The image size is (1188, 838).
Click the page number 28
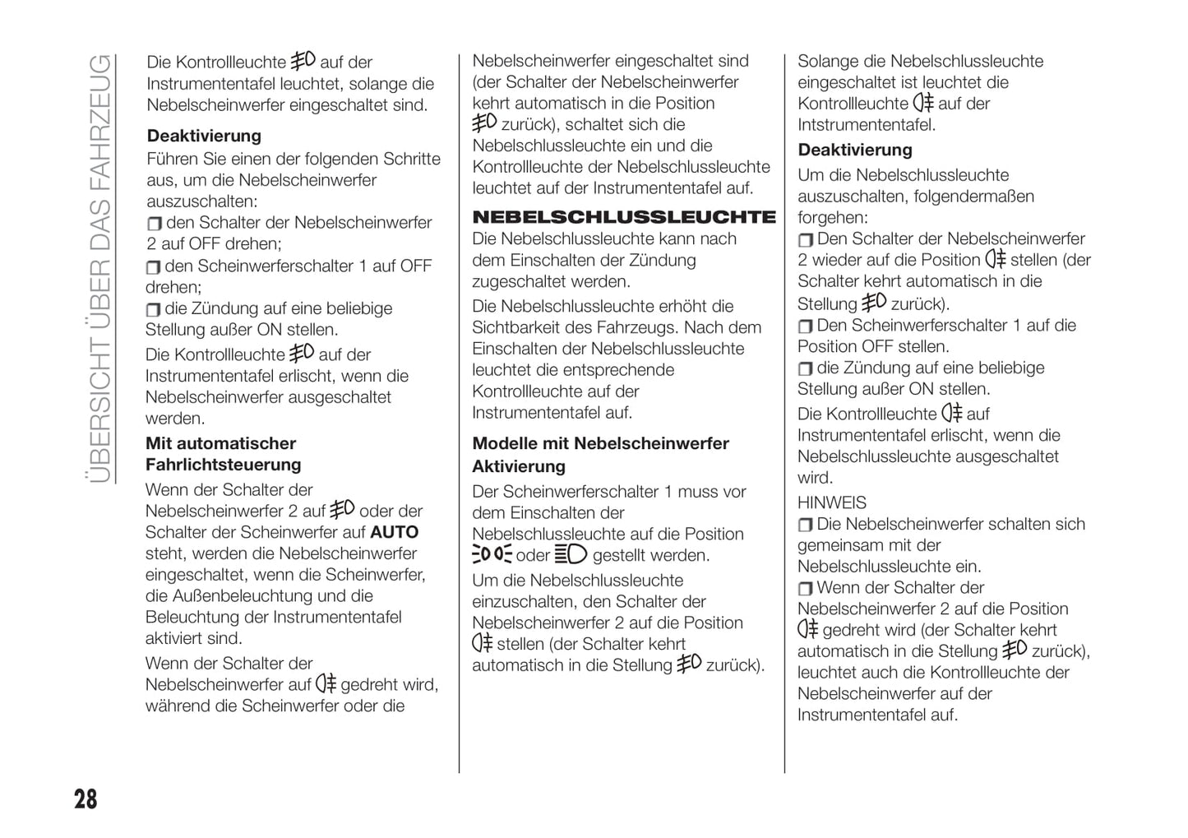click(86, 799)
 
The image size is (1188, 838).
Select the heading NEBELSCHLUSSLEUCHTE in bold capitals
click(623, 217)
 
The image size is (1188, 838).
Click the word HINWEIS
click(831, 502)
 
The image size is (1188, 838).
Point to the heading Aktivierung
click(518, 466)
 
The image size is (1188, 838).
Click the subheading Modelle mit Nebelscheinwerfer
click(600, 443)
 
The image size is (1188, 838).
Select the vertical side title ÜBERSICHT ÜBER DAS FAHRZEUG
click(99, 268)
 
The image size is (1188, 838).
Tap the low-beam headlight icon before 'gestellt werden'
click(571, 554)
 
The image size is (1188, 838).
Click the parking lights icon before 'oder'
click(492, 554)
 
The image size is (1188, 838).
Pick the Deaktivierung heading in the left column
click(204, 136)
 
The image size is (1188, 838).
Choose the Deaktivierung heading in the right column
click(855, 150)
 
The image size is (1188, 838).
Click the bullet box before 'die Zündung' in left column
click(153, 309)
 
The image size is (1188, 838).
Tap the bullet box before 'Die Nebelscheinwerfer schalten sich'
click(805, 525)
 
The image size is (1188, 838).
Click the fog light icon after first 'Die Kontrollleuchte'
click(303, 60)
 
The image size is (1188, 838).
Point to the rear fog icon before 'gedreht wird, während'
click(326, 683)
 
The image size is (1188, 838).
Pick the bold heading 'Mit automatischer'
click(220, 443)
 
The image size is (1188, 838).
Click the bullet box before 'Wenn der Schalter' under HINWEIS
click(805, 588)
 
